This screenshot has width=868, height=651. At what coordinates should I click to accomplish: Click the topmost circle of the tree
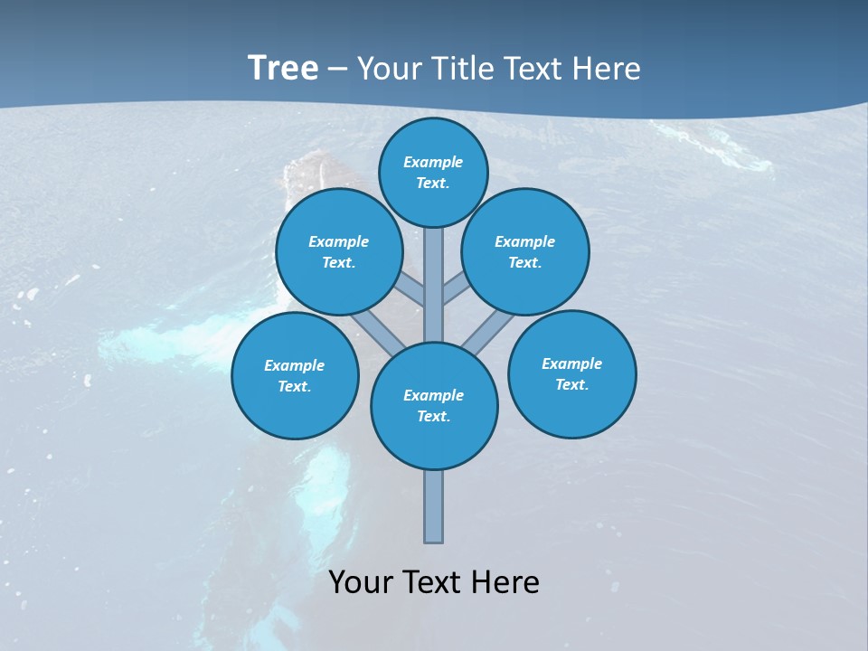tap(433, 172)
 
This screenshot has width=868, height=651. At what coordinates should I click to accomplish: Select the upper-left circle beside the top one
tap(338, 251)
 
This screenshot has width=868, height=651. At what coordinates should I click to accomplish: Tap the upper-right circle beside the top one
tap(525, 251)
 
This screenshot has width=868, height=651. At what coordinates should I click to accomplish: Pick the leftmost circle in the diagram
tap(295, 375)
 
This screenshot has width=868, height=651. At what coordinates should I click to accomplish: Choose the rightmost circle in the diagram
tap(571, 373)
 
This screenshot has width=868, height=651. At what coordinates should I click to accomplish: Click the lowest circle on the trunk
tap(434, 405)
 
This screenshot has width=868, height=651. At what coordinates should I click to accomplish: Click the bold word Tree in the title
tap(283, 68)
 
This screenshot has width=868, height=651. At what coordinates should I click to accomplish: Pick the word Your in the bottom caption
tap(360, 582)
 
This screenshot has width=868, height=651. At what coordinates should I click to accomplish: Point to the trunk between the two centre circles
tap(434, 285)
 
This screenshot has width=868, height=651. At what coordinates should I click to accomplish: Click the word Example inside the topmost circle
tap(433, 162)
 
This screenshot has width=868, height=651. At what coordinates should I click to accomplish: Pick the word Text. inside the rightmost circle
tap(571, 384)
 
